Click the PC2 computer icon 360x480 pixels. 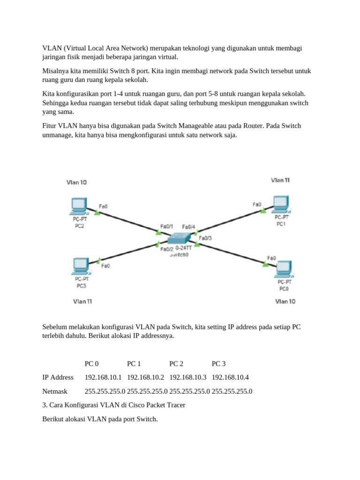[x=78, y=206]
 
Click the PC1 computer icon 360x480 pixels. [x=281, y=203]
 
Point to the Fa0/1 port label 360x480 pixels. [x=167, y=226]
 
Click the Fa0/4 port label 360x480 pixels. [x=188, y=227]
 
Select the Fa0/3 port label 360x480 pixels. [x=205, y=238]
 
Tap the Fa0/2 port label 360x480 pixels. [x=167, y=249]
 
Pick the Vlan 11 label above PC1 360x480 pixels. [x=280, y=180]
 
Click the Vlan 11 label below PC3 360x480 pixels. [x=82, y=301]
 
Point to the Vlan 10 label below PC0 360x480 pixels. [x=285, y=301]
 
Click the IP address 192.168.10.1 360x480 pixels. [x=104, y=377]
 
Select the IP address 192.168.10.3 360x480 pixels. [x=188, y=377]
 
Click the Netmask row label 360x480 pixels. [x=55, y=391]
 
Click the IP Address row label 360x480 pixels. [x=58, y=377]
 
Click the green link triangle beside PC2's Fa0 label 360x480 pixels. [x=97, y=212]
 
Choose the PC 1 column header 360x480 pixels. [x=134, y=364]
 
